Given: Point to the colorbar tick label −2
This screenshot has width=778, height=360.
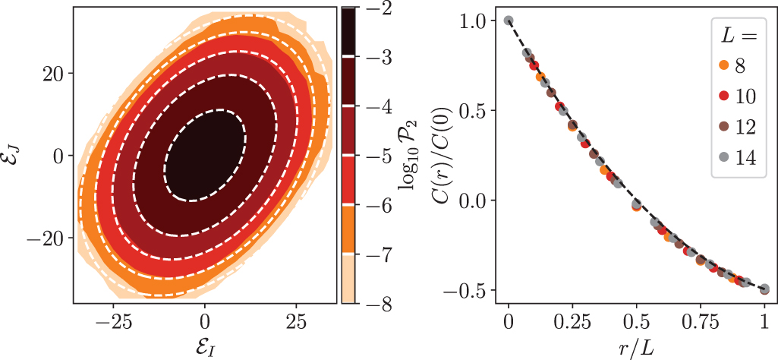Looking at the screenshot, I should point(377,8).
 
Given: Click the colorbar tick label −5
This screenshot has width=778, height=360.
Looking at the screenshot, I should point(377,156).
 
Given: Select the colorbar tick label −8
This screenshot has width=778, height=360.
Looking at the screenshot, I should point(377,305).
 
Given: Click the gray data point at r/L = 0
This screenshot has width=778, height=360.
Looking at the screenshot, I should point(509,21).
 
